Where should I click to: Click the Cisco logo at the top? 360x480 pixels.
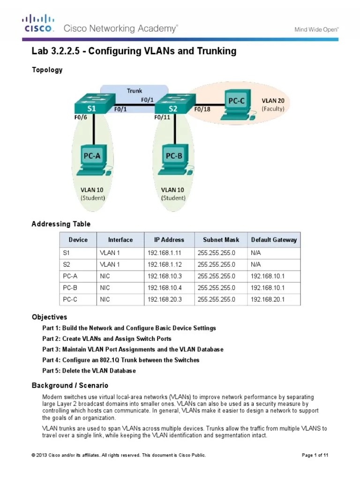coord(38,23)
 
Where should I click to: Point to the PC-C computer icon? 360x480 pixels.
coord(238,105)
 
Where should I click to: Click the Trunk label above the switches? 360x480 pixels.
coord(135,90)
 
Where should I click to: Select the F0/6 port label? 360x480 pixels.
coord(81,117)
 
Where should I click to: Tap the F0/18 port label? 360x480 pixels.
coord(202,109)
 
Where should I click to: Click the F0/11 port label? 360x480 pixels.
coord(162,117)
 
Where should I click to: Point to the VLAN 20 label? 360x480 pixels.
coord(273,100)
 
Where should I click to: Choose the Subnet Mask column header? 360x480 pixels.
coord(221,240)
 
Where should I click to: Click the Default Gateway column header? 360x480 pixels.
coord(274,240)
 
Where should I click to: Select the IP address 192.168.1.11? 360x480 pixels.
coord(165,253)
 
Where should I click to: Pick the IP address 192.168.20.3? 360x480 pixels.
coord(165,299)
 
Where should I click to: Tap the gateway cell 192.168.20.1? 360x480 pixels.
coord(268,299)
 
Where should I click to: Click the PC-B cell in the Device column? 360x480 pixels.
coord(70,288)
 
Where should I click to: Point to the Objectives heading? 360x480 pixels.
coord(49,317)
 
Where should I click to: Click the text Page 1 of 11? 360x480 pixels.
coord(315,455)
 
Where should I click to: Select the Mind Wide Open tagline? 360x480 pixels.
coord(316,30)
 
